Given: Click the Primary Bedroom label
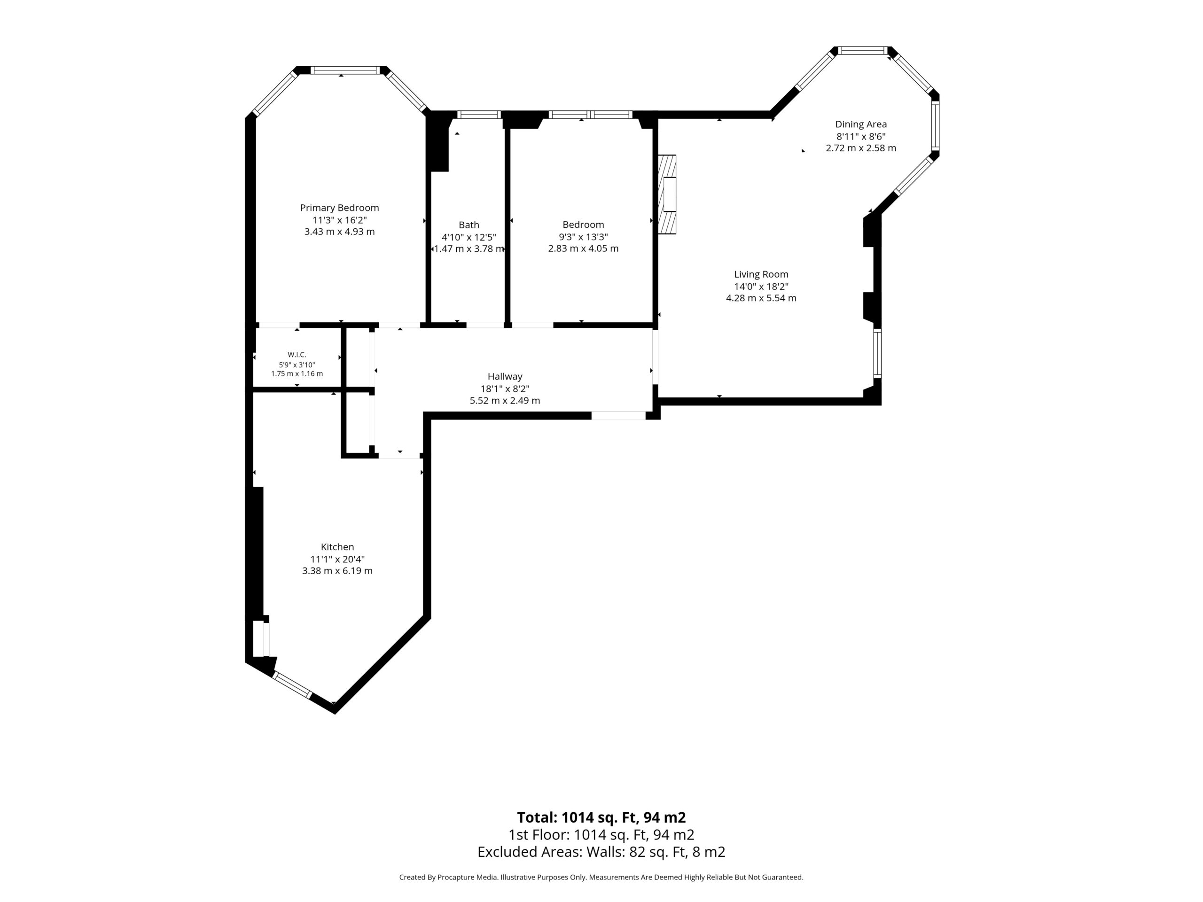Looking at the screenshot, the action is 339,208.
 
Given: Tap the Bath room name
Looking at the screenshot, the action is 469,225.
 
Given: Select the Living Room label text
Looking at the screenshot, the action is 761,274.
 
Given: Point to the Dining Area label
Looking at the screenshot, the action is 861,124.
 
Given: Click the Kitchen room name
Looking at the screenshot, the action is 337,547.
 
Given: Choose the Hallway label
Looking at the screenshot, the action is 505,376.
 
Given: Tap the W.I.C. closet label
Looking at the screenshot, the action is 297,355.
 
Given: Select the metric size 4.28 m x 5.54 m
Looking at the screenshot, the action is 761,298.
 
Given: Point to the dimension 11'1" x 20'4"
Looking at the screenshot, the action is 337,559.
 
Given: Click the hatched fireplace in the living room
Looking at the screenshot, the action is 667,194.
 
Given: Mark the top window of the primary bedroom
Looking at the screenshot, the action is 345,70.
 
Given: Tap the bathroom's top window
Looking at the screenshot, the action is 478,114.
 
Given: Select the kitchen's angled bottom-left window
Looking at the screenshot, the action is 292,684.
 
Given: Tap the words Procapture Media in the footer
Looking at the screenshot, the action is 468,877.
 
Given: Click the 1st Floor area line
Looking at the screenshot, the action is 601,834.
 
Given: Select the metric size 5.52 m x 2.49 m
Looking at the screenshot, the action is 505,401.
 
